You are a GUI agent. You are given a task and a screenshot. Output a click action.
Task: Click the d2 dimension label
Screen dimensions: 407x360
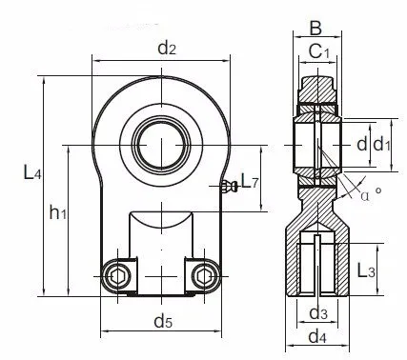click(167, 49)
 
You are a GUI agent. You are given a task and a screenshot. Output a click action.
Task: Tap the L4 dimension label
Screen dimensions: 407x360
click(32, 172)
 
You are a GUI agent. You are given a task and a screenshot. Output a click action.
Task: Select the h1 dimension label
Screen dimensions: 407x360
click(58, 211)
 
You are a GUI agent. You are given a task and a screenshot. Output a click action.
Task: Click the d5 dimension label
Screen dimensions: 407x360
click(163, 321)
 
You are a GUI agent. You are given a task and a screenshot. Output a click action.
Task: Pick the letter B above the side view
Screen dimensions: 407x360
click(315, 29)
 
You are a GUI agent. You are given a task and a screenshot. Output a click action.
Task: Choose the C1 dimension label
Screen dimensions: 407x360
click(319, 51)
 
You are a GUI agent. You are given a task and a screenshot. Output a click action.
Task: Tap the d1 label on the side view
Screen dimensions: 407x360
click(381, 144)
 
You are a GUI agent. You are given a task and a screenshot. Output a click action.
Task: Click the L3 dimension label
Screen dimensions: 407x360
click(366, 270)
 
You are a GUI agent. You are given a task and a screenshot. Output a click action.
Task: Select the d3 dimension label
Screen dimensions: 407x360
click(318, 313)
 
